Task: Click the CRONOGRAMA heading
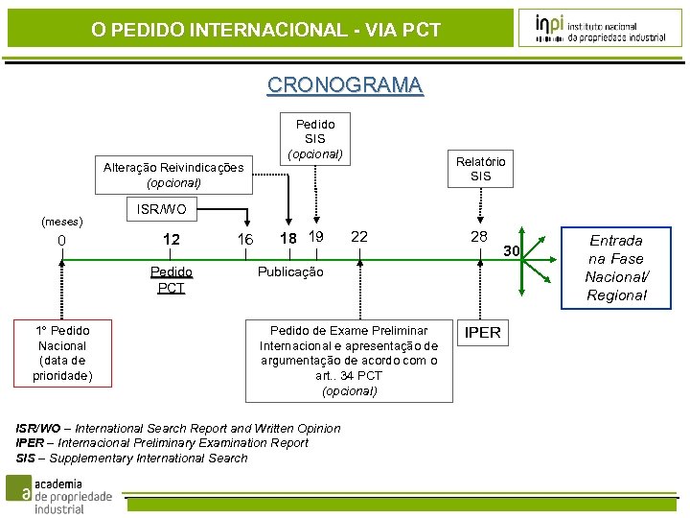tap(345, 85)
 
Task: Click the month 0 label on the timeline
tap(61, 240)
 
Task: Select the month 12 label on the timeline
tap(172, 240)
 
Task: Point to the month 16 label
tap(245, 240)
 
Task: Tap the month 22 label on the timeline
tap(359, 237)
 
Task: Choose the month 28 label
tap(479, 237)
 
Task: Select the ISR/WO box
tap(161, 208)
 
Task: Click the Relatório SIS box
tap(480, 169)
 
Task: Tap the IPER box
tap(482, 333)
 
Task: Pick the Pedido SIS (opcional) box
tap(315, 139)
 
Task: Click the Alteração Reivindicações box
tap(173, 175)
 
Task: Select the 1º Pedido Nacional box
tap(62, 353)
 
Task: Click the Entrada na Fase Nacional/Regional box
tap(616, 268)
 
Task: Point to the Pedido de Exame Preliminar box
tap(349, 361)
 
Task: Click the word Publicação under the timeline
tap(290, 271)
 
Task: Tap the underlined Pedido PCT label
tap(172, 279)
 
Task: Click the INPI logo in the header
tap(600, 28)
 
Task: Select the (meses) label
tap(61, 222)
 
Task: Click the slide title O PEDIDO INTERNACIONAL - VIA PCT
tap(265, 30)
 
